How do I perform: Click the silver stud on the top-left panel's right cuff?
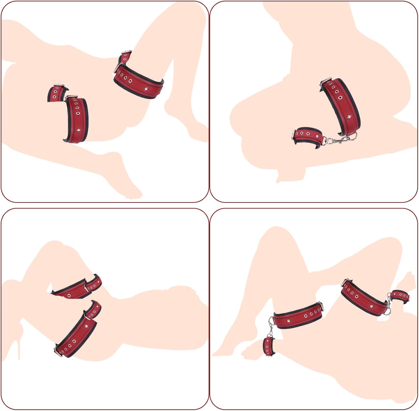point(146,89)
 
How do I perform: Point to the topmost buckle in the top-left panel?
point(127,52)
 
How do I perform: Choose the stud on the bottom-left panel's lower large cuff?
point(86,326)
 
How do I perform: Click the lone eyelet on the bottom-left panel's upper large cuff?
point(69,295)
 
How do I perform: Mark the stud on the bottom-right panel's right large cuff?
point(371,306)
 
